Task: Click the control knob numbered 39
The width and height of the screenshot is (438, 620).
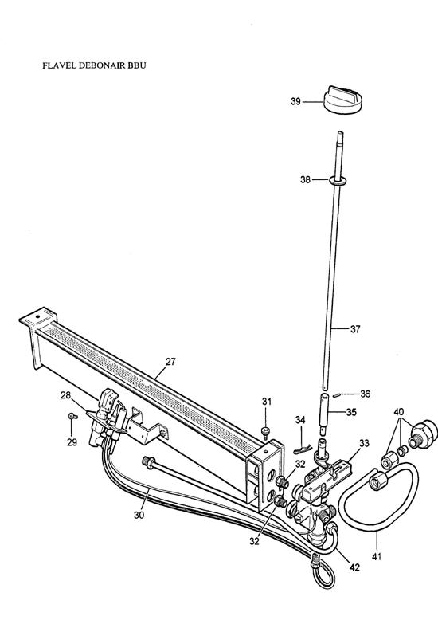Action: coord(342,100)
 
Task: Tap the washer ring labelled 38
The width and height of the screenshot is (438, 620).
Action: coord(337,181)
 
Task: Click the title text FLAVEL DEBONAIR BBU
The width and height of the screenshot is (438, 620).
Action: coord(94,65)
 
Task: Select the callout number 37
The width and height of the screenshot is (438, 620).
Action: coord(355,328)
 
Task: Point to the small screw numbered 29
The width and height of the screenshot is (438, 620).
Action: coord(72,415)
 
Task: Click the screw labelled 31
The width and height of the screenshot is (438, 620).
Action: coord(266,432)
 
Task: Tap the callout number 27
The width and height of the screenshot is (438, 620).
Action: coord(170,362)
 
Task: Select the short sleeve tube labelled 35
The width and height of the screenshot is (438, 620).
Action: coord(325,412)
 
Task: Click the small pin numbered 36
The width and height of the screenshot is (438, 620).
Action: coord(335,394)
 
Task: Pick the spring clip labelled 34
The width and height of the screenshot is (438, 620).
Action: coord(303,449)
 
